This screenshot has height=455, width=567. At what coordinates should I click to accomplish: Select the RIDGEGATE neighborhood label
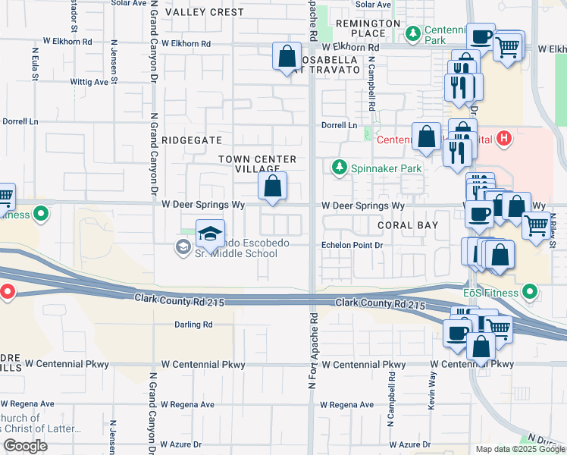192,140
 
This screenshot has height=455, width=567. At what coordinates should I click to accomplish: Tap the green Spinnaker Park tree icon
340,168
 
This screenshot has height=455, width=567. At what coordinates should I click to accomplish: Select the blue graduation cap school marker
210,233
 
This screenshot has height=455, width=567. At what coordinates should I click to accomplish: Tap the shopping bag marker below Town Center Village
273,186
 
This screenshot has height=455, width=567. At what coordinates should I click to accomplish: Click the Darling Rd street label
194,325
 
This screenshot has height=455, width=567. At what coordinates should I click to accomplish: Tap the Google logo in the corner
25,445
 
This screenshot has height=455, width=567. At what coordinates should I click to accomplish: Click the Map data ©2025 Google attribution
519,449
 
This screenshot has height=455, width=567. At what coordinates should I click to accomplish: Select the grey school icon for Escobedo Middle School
183,246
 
